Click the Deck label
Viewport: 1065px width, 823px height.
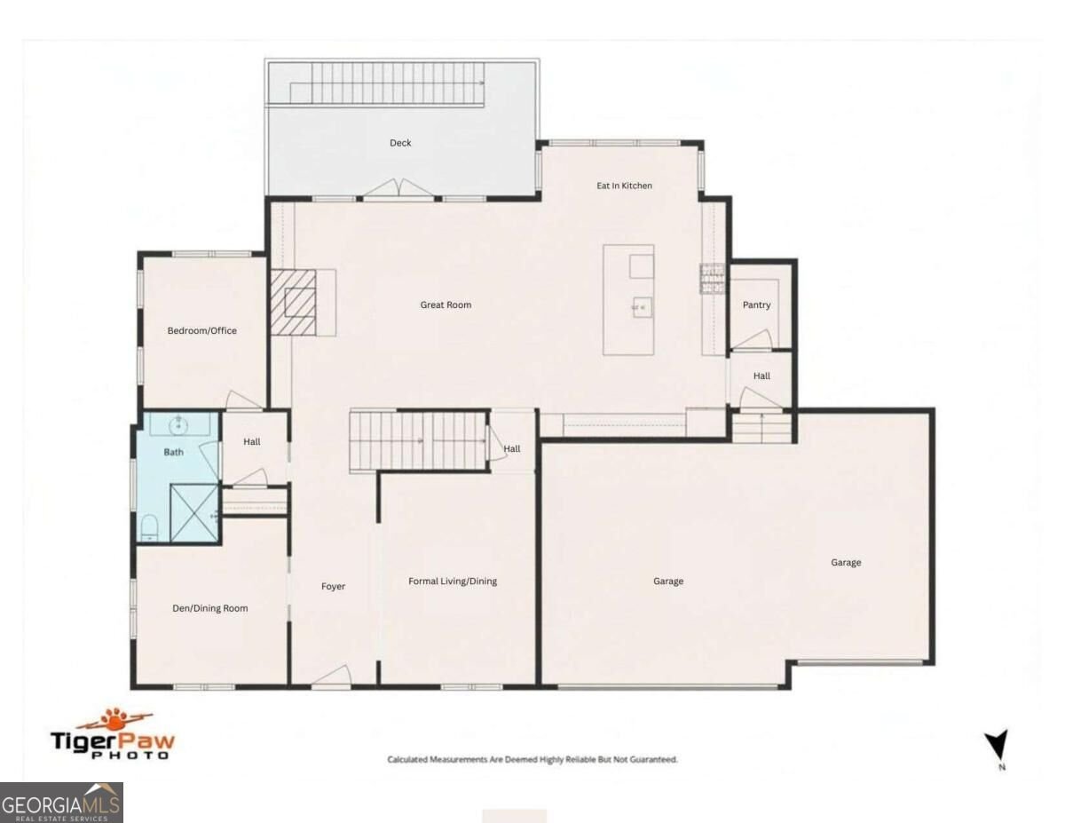(x=400, y=143)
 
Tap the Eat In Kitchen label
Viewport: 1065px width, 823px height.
(x=624, y=186)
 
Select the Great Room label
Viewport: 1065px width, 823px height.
(x=446, y=305)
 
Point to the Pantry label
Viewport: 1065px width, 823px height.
(x=756, y=305)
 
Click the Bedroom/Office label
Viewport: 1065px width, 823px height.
(x=202, y=331)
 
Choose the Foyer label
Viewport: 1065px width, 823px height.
(x=334, y=586)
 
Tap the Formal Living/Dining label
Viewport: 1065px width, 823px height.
(x=453, y=582)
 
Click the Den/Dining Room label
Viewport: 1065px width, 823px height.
(x=209, y=608)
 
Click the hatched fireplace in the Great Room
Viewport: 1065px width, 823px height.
(x=293, y=303)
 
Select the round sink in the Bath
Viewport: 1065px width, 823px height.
(x=179, y=425)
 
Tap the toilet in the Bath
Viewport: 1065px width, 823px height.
(x=148, y=528)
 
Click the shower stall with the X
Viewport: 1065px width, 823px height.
(x=194, y=513)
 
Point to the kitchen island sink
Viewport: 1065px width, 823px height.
(x=642, y=307)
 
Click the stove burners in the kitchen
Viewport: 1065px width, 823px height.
(x=712, y=279)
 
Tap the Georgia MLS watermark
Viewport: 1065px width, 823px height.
(x=61, y=803)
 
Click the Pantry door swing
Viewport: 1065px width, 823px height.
(x=753, y=340)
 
